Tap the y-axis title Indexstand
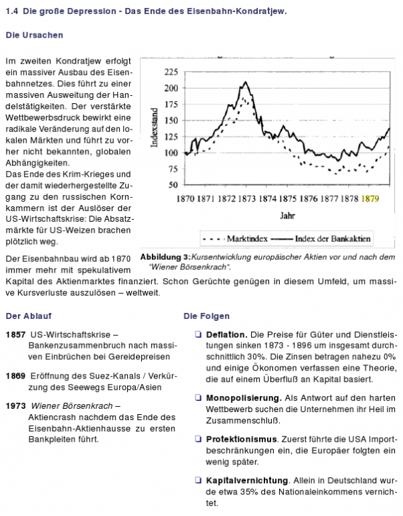click(155, 127)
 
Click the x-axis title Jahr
click(286, 216)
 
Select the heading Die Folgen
click(207, 316)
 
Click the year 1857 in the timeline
click(15, 334)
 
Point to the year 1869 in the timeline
click(15, 375)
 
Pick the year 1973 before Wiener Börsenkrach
click(15, 405)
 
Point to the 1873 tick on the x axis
click(247, 198)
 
